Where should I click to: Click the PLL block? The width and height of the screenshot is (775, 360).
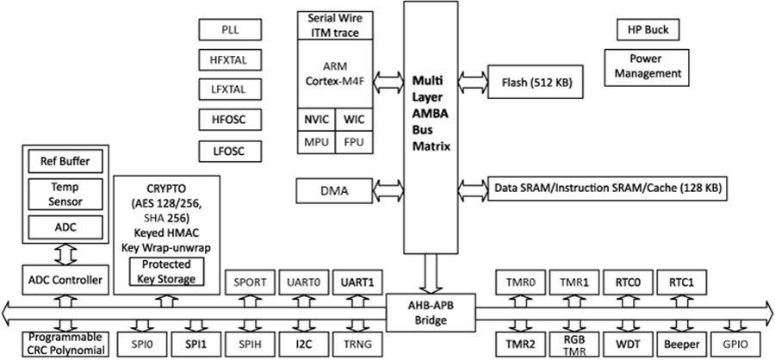point(230,31)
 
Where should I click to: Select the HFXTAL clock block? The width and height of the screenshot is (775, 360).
point(230,60)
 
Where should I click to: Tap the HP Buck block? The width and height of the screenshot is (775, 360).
point(648,30)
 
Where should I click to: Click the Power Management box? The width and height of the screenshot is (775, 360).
point(648,67)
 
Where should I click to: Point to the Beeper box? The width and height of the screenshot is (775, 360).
point(682,344)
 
